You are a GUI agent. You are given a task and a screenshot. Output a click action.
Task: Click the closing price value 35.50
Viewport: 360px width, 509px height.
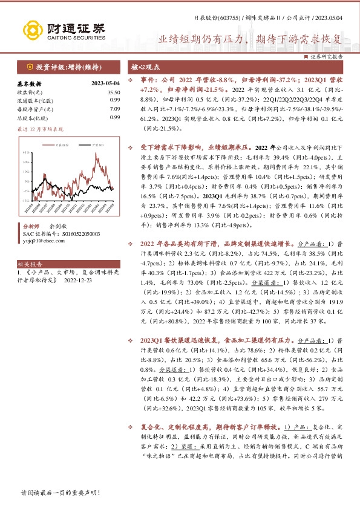tap(114, 92)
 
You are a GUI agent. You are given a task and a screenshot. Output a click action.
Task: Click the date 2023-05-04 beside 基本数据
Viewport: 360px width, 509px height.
tap(105, 83)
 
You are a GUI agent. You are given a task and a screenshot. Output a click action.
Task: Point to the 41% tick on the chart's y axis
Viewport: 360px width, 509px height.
tap(26, 161)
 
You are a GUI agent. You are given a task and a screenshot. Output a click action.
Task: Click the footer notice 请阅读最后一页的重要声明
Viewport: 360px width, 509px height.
tap(60, 493)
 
